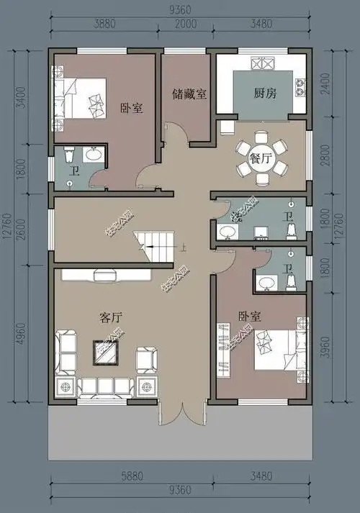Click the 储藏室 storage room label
pyautogui.click(x=189, y=94)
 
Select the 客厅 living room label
pyautogui.click(x=109, y=316)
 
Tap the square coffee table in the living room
pyautogui.click(x=106, y=351)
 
